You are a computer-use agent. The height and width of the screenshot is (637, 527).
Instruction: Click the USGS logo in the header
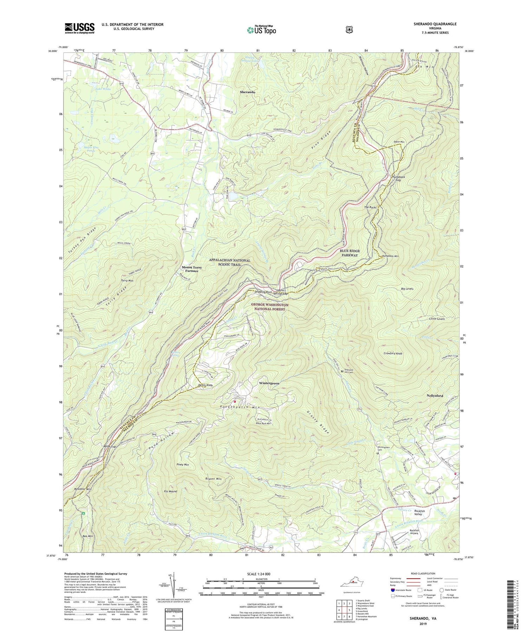click(x=79, y=28)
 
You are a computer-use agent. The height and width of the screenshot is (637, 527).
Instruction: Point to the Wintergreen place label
click(x=269, y=383)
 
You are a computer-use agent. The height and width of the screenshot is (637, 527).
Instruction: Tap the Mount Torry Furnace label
click(x=192, y=269)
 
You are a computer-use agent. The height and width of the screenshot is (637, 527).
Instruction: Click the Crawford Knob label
click(x=391, y=353)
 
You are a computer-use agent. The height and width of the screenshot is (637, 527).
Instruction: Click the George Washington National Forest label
click(x=270, y=307)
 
